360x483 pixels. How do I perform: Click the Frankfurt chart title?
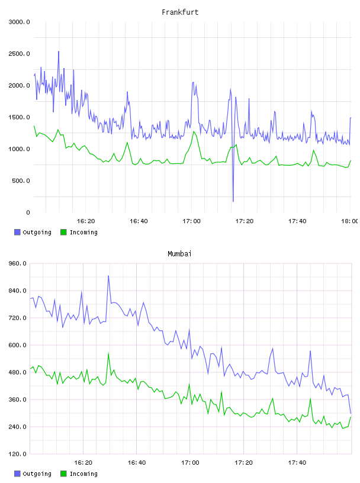point(180,12)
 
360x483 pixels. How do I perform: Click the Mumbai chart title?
point(179,254)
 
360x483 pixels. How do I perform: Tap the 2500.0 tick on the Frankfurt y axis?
point(19,54)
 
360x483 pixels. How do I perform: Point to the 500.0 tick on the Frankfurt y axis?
point(21,181)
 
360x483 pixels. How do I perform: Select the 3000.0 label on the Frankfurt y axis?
point(19,22)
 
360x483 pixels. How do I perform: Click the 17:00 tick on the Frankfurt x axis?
point(191,221)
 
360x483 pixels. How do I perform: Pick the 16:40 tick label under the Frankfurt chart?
point(139,221)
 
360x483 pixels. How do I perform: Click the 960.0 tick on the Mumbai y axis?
point(17,263)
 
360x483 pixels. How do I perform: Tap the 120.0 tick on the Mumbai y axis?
point(17,454)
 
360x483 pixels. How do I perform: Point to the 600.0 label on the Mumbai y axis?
point(17,345)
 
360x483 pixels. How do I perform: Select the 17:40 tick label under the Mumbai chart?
point(297,463)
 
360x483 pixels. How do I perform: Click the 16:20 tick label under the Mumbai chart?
point(83,463)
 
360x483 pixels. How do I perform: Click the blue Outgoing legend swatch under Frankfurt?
point(17,232)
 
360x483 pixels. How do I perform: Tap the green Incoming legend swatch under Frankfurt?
point(63,232)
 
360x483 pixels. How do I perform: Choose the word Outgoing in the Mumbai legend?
point(37,474)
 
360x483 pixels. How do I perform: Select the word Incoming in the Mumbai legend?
point(83,474)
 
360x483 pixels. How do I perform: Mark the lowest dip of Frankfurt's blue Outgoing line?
point(233,201)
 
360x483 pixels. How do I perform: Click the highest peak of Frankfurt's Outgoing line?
point(59,51)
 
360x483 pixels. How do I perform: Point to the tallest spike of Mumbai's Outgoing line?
point(108,276)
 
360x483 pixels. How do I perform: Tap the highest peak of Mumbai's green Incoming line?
point(108,353)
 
